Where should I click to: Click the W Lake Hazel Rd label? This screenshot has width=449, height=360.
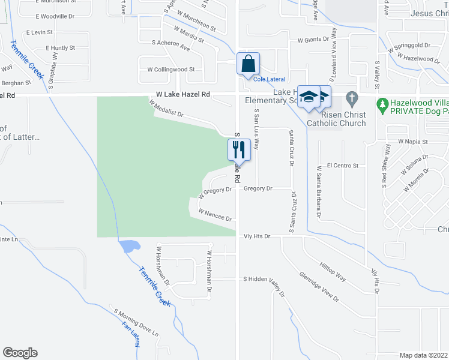pyautogui.click(x=183, y=95)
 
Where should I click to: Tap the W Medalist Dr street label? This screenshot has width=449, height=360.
pyautogui.click(x=166, y=109)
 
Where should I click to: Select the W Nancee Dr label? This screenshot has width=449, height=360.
pyautogui.click(x=214, y=215)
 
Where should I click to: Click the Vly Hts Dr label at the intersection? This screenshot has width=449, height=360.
pyautogui.click(x=258, y=236)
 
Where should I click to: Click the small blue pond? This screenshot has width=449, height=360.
pyautogui.click(x=130, y=245)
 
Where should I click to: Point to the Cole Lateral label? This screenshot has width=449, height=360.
pyautogui.click(x=269, y=79)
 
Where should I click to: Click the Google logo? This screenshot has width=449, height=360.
pyautogui.click(x=20, y=353)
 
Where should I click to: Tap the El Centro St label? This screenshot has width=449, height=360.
pyautogui.click(x=342, y=165)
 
